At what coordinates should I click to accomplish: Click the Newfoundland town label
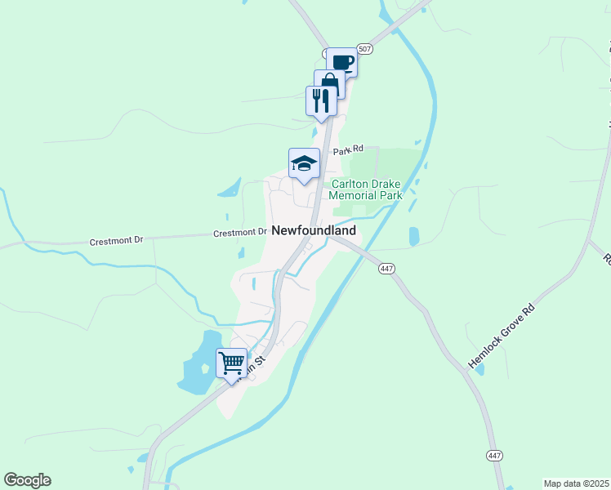314,231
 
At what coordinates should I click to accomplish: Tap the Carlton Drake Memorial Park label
365,190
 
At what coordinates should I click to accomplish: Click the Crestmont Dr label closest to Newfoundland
240,233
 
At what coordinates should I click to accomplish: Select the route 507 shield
365,50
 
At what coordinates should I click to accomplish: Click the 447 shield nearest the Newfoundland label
387,269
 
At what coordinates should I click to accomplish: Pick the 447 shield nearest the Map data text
493,455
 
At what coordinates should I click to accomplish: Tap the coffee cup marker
342,62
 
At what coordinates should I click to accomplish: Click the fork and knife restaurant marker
321,101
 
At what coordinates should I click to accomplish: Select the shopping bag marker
329,83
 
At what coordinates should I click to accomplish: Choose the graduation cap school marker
304,163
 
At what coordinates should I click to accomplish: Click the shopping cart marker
231,362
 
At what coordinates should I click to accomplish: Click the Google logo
27,480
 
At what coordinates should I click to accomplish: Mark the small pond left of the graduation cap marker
230,189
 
